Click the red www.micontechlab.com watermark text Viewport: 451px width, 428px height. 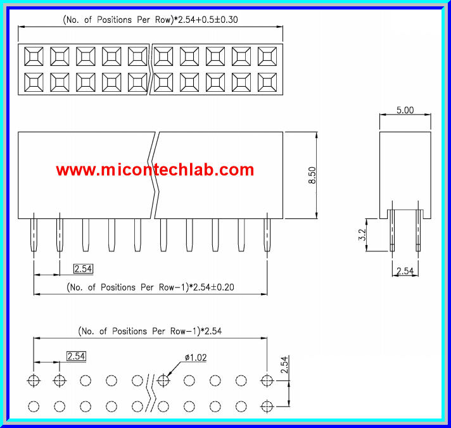155,170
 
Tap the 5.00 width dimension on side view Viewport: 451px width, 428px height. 405,110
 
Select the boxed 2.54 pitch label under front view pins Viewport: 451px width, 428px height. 83,269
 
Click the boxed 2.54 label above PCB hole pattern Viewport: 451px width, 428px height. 75,356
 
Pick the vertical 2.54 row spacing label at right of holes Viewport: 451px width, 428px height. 285,365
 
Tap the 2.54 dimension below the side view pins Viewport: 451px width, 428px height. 405,271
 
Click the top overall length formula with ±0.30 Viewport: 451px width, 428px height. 150,20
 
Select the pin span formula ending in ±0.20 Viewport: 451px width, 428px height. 150,287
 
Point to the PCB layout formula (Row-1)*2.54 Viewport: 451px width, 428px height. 149,330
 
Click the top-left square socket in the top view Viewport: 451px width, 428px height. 33,57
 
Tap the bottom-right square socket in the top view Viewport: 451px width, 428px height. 267,82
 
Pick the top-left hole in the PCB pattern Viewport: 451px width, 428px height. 34,381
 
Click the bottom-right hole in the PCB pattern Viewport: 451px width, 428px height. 267,405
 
